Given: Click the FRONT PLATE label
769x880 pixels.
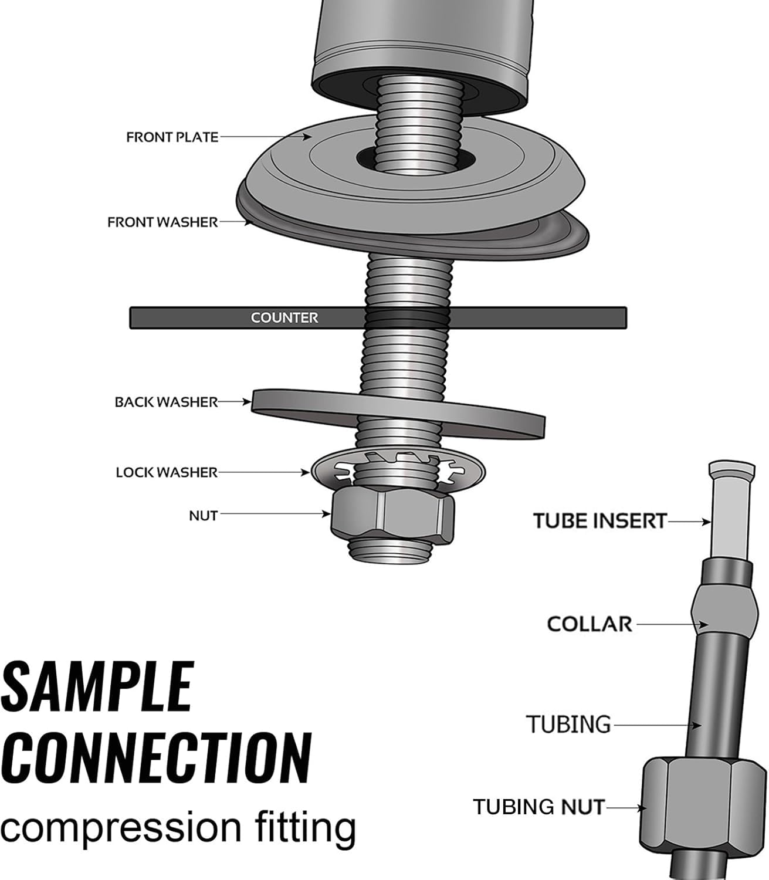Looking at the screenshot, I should tap(172, 137).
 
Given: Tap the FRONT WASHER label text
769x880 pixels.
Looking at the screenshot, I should tap(162, 222).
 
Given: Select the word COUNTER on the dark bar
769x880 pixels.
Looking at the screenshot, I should tap(284, 318).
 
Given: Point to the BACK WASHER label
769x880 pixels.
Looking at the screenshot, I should tap(166, 402).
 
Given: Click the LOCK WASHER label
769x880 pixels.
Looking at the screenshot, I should tap(167, 472).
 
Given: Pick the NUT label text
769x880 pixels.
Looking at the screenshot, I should tap(203, 516).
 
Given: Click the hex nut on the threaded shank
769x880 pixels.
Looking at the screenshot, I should tap(392, 516).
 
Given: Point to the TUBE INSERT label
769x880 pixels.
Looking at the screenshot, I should tap(600, 521).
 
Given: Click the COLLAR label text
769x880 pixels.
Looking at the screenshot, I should tap(590, 624).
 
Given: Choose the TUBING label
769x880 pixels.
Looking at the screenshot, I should tap(568, 725).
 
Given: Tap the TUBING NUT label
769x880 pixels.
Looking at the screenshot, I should tap(538, 807).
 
